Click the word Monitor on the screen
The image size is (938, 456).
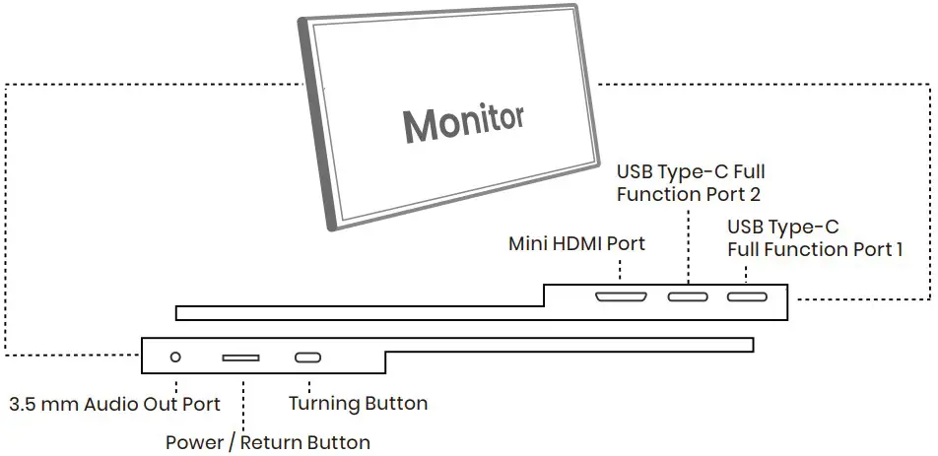462,123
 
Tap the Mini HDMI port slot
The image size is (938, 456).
621,296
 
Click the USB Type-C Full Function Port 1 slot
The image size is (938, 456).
747,296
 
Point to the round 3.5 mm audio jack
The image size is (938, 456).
176,358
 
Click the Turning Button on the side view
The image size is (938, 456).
308,358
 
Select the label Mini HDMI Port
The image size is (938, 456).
576,242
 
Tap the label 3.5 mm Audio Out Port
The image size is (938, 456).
114,404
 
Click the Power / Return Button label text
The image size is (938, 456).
268,442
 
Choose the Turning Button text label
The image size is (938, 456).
358,404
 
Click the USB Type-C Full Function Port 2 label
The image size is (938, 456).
690,183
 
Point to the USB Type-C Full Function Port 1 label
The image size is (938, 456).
815,238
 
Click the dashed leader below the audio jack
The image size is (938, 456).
176,382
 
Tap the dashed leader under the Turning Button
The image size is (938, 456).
308,382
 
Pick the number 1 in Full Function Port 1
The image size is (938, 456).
898,250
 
